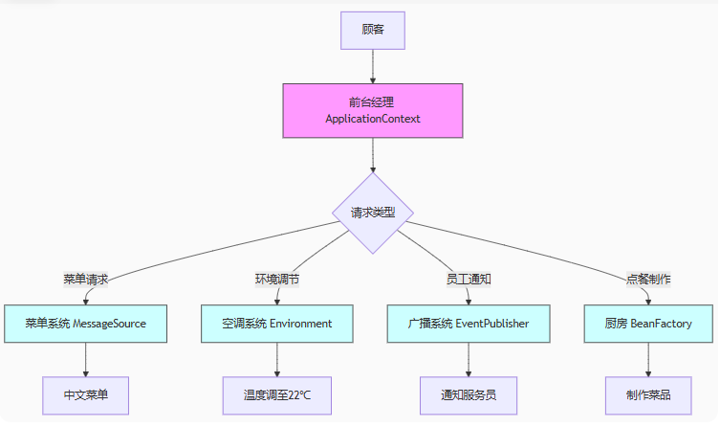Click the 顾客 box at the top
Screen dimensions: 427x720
click(373, 30)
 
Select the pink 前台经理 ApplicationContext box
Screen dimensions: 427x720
click(373, 110)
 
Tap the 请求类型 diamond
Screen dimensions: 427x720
click(373, 213)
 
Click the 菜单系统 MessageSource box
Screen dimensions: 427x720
click(86, 324)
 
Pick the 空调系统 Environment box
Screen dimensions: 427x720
click(277, 324)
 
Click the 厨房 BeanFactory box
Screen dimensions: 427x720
click(649, 324)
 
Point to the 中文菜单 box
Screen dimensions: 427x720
click(86, 394)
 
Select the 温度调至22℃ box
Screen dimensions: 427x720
click(277, 394)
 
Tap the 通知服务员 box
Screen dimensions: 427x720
click(469, 394)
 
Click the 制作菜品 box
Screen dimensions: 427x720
click(649, 394)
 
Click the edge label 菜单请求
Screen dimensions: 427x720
click(86, 280)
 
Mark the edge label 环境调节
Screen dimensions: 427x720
click(277, 280)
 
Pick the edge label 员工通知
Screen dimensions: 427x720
click(469, 280)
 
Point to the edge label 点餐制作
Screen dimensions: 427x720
click(649, 280)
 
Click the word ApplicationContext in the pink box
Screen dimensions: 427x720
click(373, 120)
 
